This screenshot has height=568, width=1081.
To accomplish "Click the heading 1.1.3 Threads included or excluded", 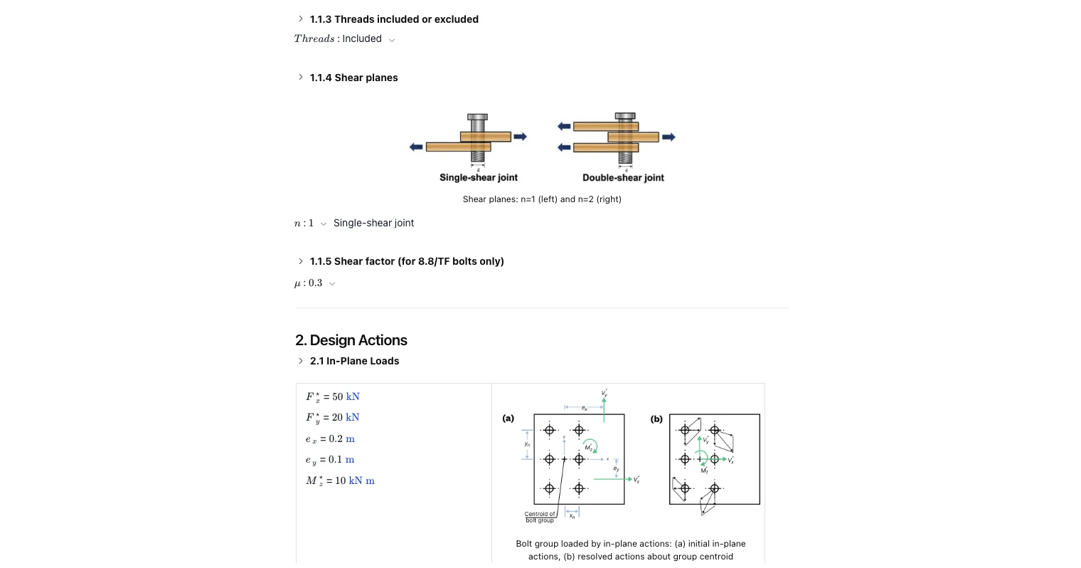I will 393,19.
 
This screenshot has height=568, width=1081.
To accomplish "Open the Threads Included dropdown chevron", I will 392,40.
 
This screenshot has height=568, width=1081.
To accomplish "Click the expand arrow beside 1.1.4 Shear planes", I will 301,77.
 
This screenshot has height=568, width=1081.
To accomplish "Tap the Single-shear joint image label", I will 478,178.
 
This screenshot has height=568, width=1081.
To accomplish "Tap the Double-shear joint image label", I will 623,178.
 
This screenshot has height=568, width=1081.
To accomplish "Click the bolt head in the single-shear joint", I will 477,117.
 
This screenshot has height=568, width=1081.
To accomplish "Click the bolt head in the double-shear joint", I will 624,115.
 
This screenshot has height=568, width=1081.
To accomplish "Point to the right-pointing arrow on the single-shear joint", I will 521,137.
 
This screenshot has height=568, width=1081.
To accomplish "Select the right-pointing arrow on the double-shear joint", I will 668,137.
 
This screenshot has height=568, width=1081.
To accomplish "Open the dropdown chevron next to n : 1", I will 324,224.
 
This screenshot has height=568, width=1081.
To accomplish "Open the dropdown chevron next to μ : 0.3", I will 332,284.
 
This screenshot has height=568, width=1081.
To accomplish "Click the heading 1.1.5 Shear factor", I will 406,261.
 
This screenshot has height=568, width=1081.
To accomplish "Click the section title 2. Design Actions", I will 351,340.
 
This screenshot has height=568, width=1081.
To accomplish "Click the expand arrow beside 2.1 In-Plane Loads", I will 301,361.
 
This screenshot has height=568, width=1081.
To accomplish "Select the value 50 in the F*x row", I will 337,396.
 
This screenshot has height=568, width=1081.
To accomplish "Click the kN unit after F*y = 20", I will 352,417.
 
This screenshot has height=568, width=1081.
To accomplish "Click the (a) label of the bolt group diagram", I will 508,419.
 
